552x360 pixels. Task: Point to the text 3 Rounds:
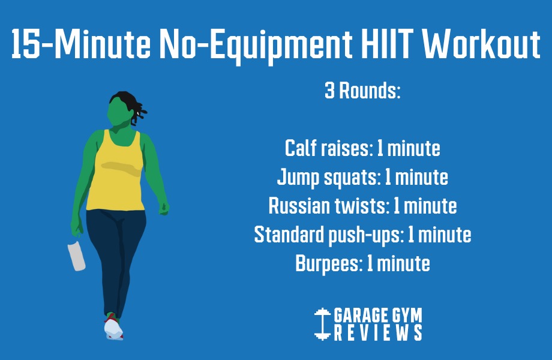point(362,92)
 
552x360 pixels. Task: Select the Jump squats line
point(362,178)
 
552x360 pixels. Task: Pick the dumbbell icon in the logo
point(323,323)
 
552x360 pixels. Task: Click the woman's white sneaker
point(113,329)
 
